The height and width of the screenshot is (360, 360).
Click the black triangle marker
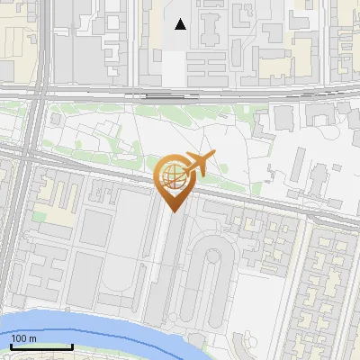tap(181, 24)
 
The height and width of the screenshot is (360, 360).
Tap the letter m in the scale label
tap(32, 338)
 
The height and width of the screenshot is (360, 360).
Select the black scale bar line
tap(41, 346)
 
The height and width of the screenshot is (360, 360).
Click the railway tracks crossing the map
tap(270, 92)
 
